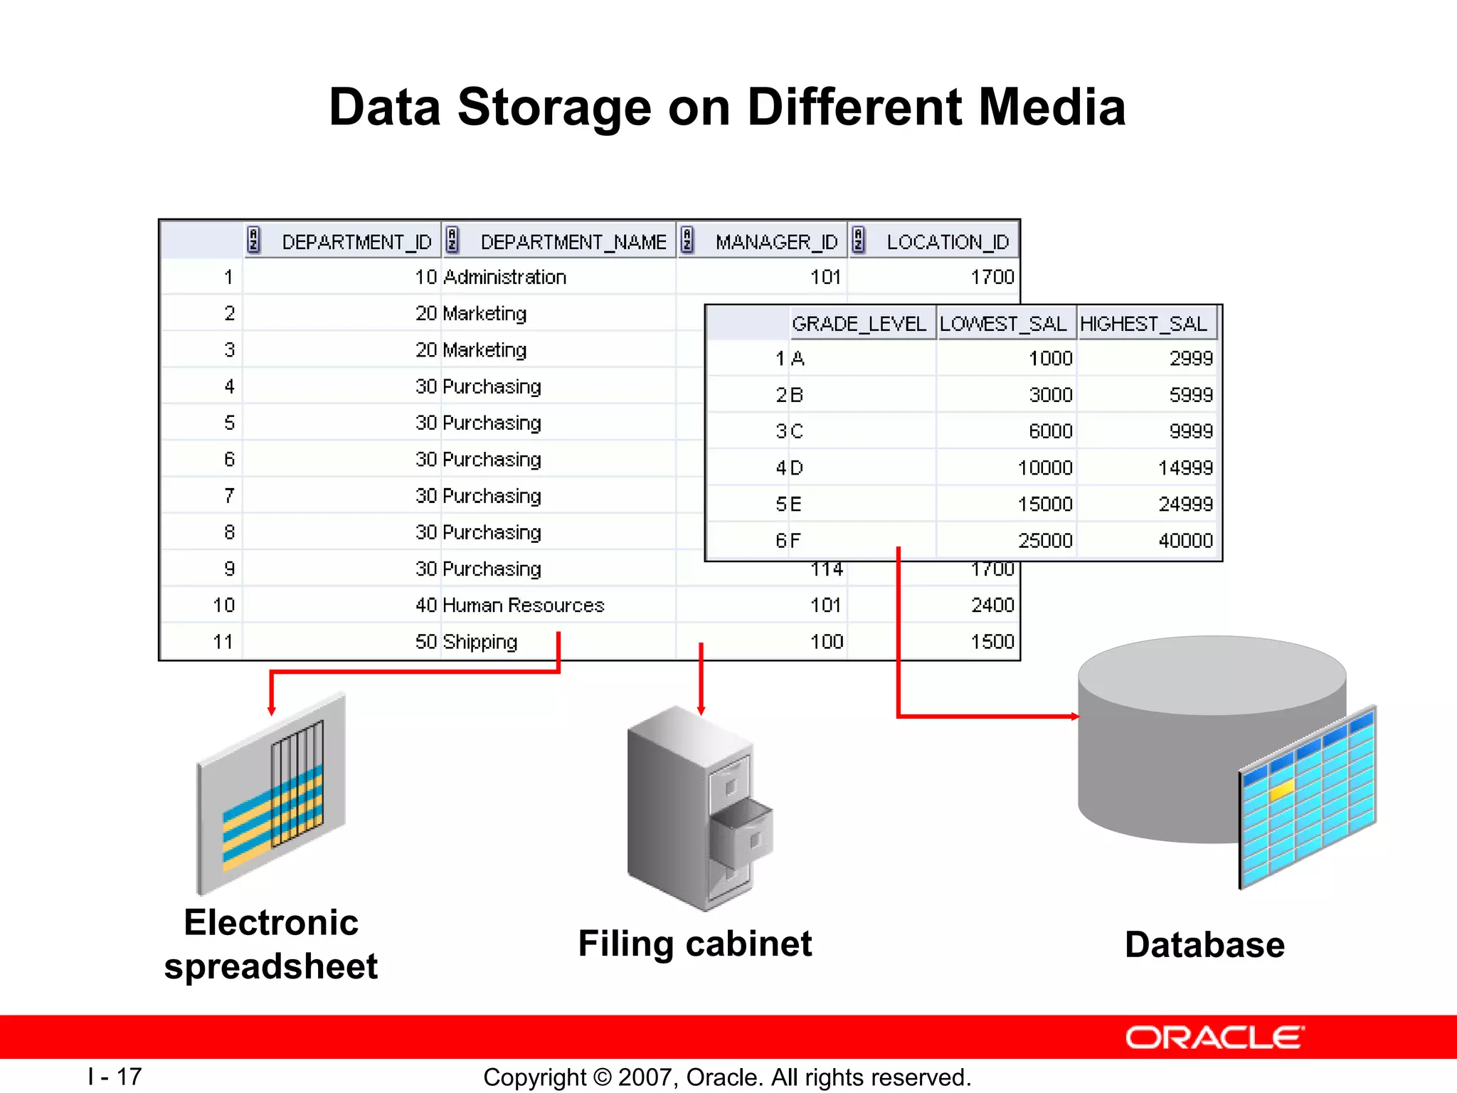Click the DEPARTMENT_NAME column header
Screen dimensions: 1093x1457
[x=573, y=242]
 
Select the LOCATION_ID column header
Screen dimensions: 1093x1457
[x=947, y=242]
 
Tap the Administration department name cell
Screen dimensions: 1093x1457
[x=504, y=277]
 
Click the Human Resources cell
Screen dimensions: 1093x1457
[x=523, y=605]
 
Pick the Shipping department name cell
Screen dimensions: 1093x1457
[x=480, y=642]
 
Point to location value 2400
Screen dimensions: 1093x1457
[x=992, y=605]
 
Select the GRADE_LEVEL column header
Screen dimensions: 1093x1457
[x=859, y=324]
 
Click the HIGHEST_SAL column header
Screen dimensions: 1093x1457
[x=1143, y=324]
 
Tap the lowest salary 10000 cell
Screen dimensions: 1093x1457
[x=1044, y=468]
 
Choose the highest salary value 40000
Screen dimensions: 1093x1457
[x=1185, y=541]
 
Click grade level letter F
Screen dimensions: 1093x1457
[x=795, y=541]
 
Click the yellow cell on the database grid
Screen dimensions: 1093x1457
[x=1281, y=791]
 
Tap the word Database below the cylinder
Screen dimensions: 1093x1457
[x=1204, y=945]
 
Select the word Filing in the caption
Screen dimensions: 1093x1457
[x=625, y=944]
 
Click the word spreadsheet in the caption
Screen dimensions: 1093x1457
[x=271, y=966]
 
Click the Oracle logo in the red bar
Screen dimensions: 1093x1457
[x=1214, y=1037]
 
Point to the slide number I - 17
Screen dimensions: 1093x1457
[x=115, y=1076]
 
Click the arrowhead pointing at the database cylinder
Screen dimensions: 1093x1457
[x=1075, y=717]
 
